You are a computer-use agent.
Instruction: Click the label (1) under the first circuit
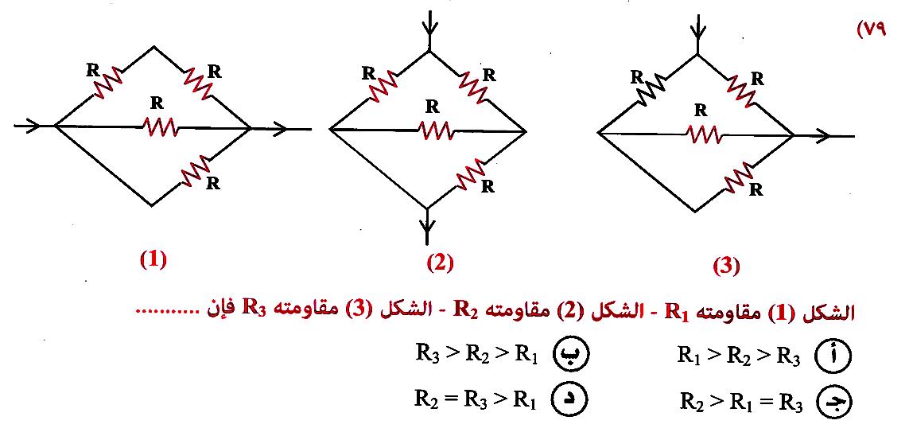pyautogui.click(x=153, y=259)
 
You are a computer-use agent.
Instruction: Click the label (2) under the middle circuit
pyautogui.click(x=439, y=262)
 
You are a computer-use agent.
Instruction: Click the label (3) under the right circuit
pyautogui.click(x=725, y=266)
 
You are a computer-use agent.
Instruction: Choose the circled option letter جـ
pyautogui.click(x=833, y=403)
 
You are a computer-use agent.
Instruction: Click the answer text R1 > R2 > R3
pyautogui.click(x=738, y=356)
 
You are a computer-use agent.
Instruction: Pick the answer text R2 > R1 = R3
pyautogui.click(x=740, y=402)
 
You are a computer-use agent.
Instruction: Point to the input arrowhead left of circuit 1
pyautogui.click(x=30, y=126)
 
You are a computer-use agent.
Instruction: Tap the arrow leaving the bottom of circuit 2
pyautogui.click(x=428, y=231)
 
